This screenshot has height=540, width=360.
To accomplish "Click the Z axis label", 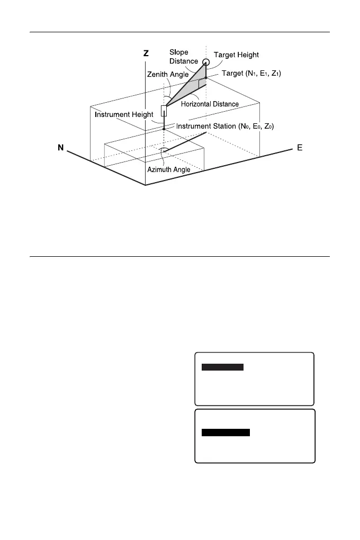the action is (x=146, y=53).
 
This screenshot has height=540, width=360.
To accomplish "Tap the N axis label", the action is (x=61, y=148).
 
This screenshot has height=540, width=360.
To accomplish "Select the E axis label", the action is (x=300, y=148).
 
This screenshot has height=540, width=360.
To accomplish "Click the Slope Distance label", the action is (x=184, y=57).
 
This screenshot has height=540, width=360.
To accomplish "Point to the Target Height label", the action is (x=236, y=55).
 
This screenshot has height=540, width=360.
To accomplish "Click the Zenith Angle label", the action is (x=167, y=75).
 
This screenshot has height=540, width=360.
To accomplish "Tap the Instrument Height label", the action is (x=124, y=114).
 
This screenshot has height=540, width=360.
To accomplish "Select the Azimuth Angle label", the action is (x=168, y=169).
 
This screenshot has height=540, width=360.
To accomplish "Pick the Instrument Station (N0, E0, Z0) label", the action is (x=224, y=126).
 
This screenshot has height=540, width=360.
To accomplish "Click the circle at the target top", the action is (x=205, y=62).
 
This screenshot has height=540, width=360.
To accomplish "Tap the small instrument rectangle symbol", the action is (x=164, y=111).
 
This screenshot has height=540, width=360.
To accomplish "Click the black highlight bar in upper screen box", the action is (x=223, y=367).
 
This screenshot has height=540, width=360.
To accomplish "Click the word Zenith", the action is (x=157, y=75).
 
